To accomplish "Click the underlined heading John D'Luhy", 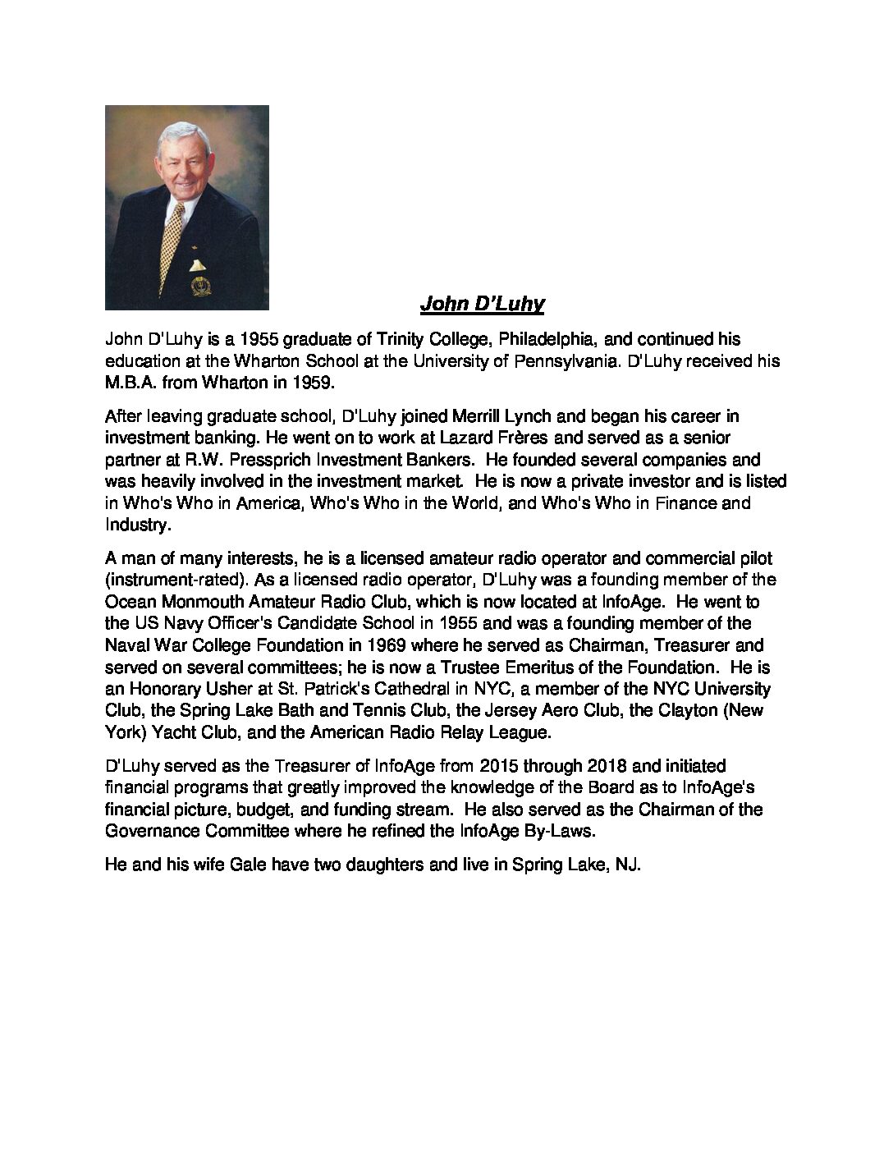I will tap(482, 305).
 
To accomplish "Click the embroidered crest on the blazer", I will tap(199, 287).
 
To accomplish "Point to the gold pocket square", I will tap(199, 264).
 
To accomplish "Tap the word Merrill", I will tap(470, 417).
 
